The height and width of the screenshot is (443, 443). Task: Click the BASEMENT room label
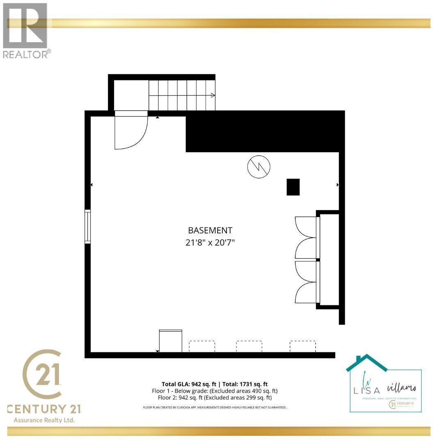(210, 231)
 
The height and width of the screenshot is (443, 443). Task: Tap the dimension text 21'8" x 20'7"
(210, 242)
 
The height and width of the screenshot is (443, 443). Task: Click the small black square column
(293, 187)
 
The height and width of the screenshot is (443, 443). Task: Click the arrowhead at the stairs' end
(212, 96)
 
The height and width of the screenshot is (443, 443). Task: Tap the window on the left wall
(87, 226)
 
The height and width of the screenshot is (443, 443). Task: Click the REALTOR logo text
(27, 54)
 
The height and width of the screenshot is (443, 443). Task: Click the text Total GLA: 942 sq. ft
(190, 384)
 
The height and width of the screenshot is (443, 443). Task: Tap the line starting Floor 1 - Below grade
(215, 391)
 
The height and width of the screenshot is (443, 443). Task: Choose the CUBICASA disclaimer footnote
(214, 407)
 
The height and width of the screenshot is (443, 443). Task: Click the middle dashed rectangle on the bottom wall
(249, 346)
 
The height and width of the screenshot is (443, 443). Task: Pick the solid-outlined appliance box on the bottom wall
(170, 341)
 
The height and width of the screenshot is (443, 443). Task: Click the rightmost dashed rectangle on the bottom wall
(303, 346)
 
